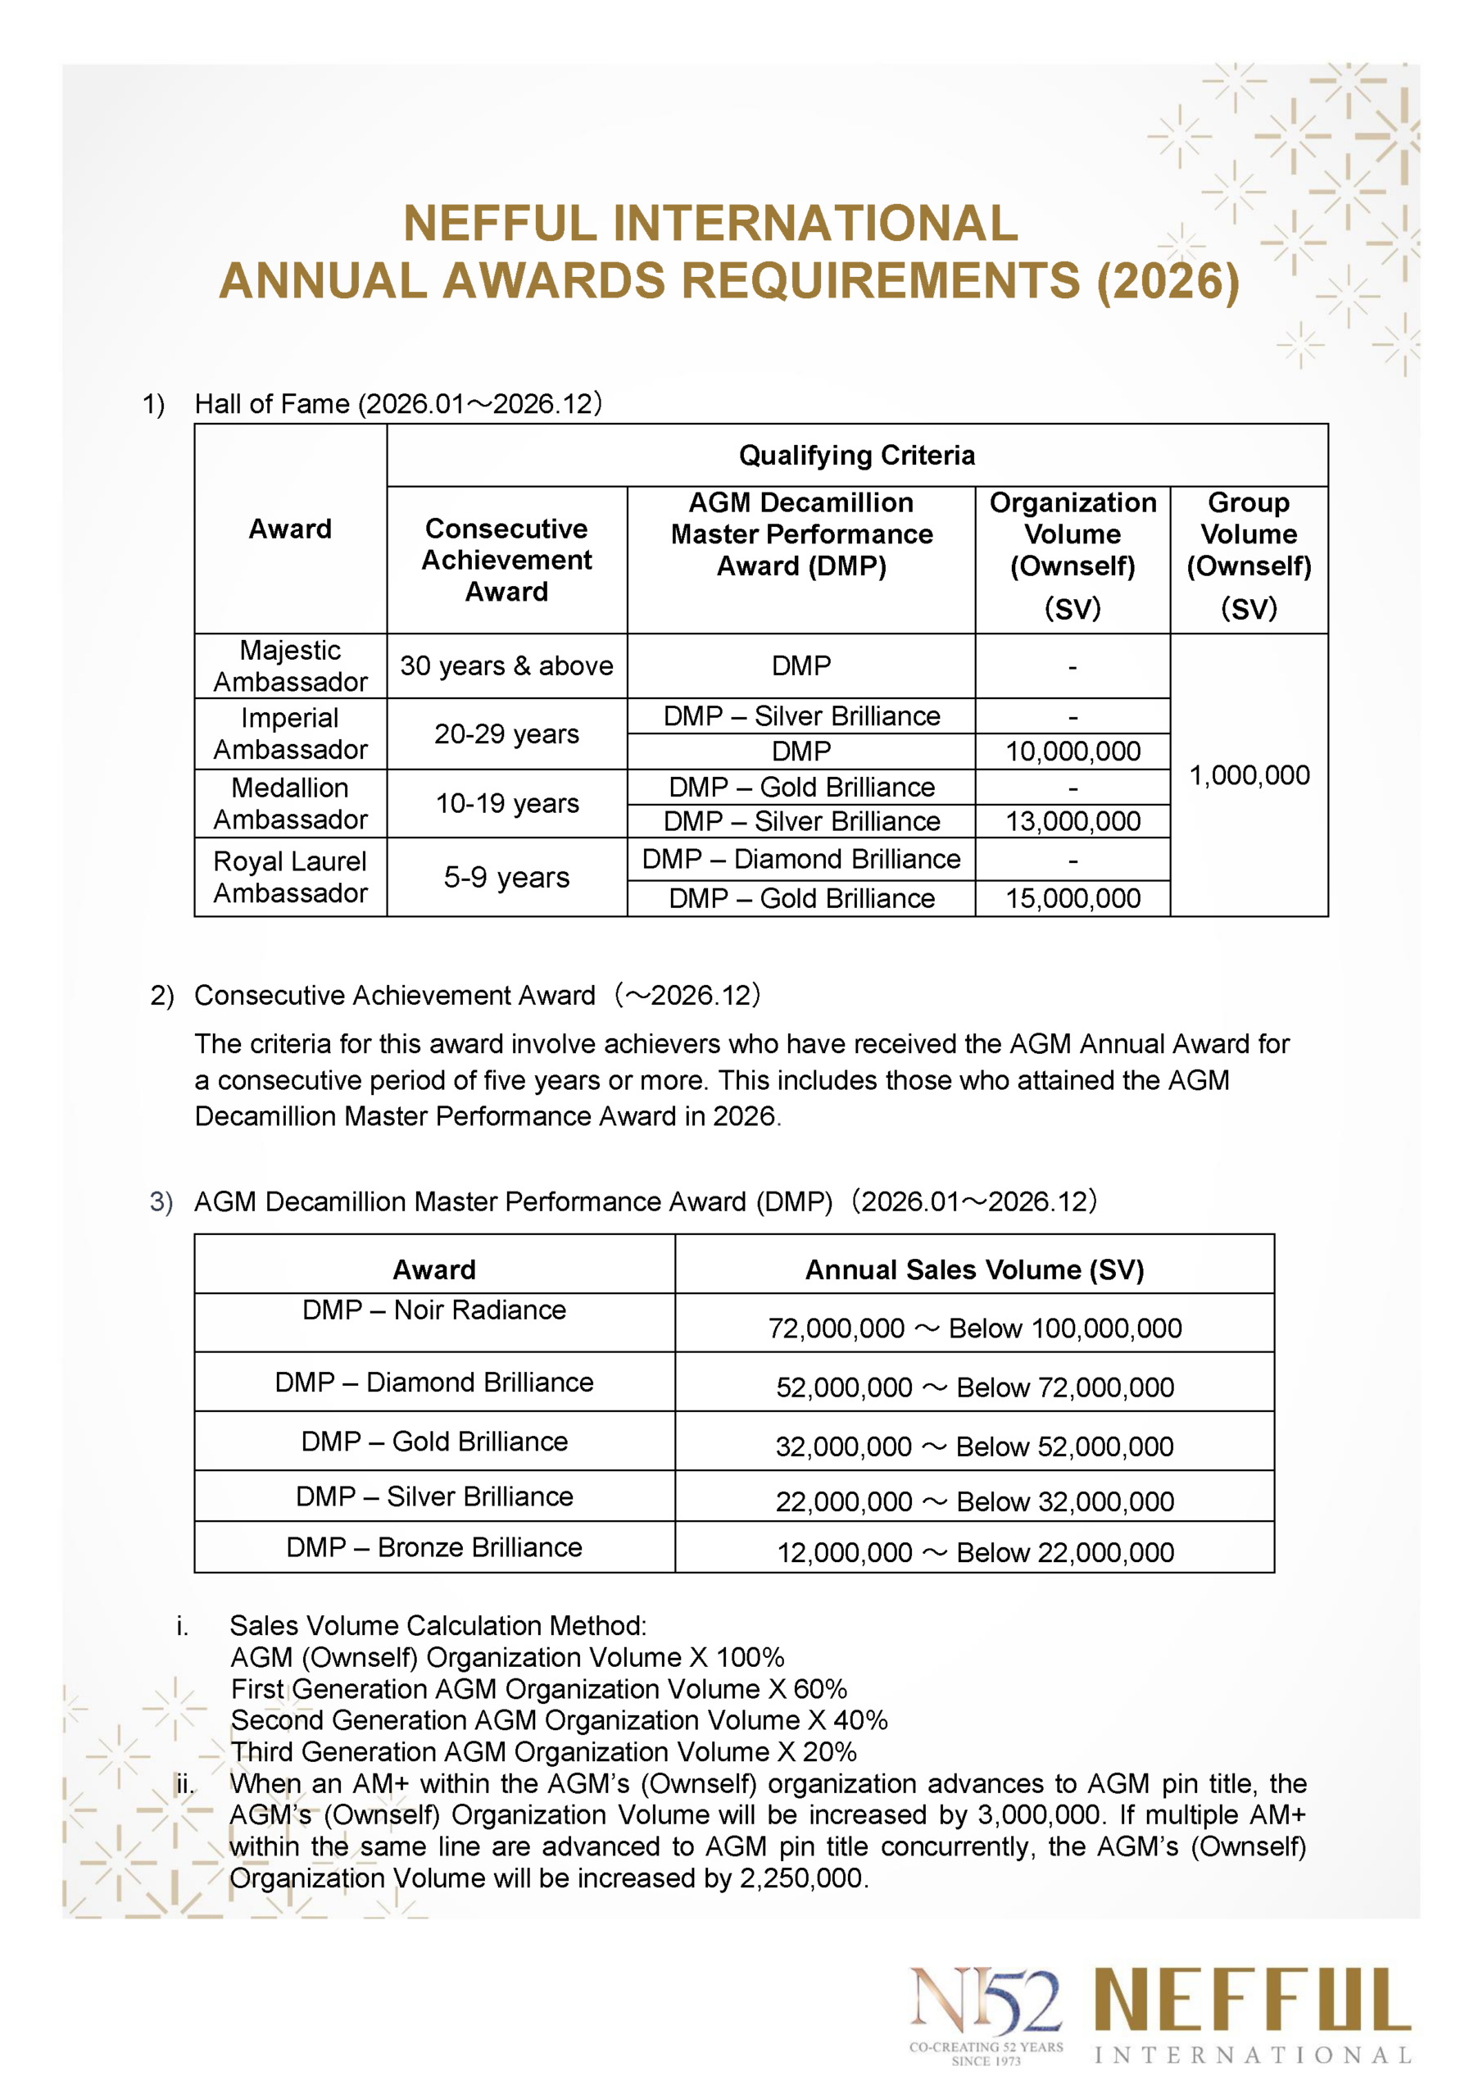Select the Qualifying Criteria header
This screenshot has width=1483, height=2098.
(x=856, y=455)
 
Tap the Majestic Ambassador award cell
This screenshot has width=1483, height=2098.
(x=290, y=665)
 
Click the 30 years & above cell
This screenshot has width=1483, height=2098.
(x=506, y=665)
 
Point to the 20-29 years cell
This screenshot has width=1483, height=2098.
(x=506, y=733)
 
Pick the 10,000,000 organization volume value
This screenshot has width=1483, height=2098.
(x=1073, y=752)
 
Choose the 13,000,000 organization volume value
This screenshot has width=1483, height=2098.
(x=1073, y=821)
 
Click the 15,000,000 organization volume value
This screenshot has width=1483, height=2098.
(x=1073, y=898)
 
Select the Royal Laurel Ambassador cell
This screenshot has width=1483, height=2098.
(x=290, y=877)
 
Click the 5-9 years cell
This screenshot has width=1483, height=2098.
(x=506, y=877)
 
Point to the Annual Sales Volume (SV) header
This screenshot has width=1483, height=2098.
(x=974, y=1269)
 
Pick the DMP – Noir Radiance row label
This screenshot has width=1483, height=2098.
(x=434, y=1310)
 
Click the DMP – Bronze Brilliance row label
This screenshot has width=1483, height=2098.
(x=434, y=1547)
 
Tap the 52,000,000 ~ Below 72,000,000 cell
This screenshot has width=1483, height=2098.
(x=974, y=1387)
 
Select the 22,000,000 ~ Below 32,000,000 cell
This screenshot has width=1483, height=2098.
(x=974, y=1501)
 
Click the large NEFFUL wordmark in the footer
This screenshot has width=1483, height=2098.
(x=1252, y=2000)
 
